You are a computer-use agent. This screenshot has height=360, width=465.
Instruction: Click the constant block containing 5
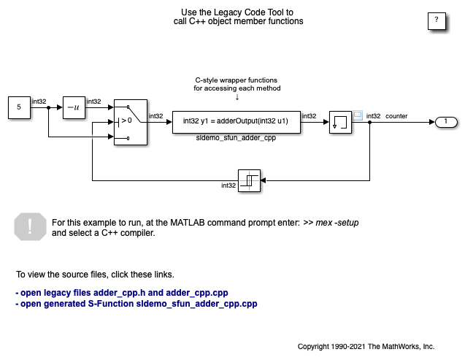click(19, 107)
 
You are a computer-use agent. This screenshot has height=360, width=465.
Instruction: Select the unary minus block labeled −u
click(74, 107)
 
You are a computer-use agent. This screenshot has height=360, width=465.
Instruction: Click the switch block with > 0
click(131, 122)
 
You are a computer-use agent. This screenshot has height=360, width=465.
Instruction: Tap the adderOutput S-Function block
click(237, 122)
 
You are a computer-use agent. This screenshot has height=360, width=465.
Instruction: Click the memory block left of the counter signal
click(340, 122)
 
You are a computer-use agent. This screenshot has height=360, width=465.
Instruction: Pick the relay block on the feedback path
click(250, 180)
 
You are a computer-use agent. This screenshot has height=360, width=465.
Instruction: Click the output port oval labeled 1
click(446, 122)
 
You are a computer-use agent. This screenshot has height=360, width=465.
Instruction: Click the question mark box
click(437, 21)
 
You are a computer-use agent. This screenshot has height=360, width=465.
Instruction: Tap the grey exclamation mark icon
click(30, 226)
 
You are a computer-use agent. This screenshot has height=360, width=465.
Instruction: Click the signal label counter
click(396, 116)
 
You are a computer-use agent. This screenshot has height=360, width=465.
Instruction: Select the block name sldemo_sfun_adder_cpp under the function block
click(236, 138)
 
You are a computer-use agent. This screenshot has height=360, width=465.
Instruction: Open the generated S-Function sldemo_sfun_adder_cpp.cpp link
click(137, 304)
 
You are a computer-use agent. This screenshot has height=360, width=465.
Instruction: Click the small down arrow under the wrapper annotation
click(237, 97)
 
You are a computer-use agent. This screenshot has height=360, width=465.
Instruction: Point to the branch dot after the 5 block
click(49, 107)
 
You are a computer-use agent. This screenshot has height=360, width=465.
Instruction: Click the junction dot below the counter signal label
click(370, 122)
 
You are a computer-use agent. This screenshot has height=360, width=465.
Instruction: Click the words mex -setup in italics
click(337, 223)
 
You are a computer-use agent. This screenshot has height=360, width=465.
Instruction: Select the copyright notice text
click(366, 347)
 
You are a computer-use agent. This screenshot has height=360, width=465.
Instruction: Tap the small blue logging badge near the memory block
click(358, 115)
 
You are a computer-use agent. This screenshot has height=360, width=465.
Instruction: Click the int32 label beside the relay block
click(228, 185)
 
